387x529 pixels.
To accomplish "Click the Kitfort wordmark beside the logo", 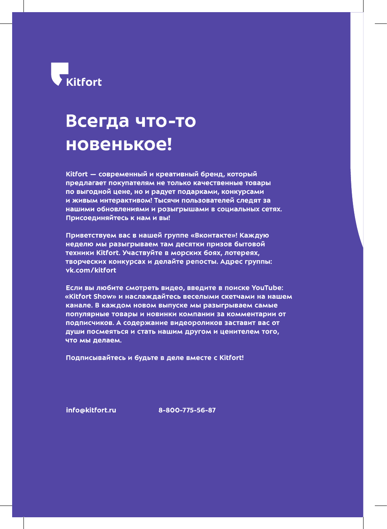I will click(84, 82).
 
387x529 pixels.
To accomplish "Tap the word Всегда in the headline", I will click(97, 121).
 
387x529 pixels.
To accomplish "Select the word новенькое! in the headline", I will click(119, 144).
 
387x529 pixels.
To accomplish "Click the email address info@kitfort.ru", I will click(91, 410).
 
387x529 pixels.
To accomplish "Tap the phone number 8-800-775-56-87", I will click(187, 410).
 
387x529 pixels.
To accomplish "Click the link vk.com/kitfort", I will click(91, 270).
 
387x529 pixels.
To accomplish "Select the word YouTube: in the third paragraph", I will click(267, 288).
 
